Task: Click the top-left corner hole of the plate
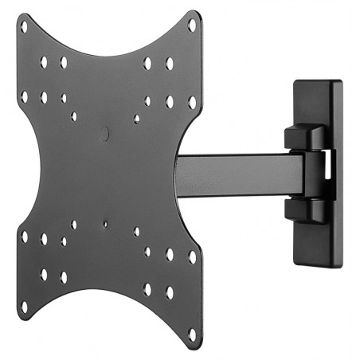point(24,26)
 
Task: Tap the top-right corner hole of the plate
point(191,25)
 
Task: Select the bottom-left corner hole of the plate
point(24,305)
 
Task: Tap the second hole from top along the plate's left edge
point(24,96)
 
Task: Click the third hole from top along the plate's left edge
point(24,237)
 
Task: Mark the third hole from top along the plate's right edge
point(191,256)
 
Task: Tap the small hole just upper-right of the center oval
point(137,119)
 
